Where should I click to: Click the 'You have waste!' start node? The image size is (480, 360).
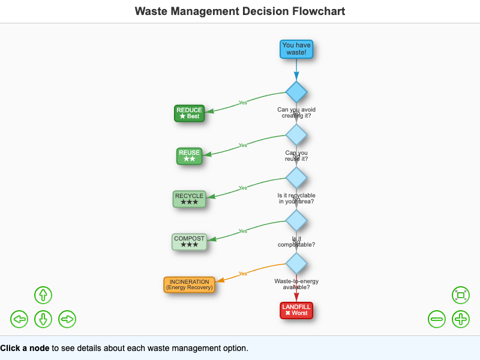296,49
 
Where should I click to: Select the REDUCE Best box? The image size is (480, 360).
190,113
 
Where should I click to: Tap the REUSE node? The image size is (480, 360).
189,156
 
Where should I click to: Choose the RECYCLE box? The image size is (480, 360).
189,199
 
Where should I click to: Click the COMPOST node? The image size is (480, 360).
189,242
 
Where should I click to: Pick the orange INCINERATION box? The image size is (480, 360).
189,284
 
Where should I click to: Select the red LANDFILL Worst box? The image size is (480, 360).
296,310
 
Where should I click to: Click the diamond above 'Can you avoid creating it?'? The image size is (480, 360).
296,92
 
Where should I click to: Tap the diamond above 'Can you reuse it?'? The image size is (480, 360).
296,134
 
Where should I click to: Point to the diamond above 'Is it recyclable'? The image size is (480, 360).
296,178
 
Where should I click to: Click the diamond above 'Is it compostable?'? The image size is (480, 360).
296,220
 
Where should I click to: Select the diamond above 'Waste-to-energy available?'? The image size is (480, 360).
296,263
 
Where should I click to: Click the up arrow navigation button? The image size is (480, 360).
43,295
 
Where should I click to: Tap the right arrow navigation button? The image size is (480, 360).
67,319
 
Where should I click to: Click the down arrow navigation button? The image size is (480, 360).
43,319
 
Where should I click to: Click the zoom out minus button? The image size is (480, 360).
437,319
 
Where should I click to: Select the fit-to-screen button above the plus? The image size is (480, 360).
461,295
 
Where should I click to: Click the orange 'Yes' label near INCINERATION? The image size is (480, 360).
243,274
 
